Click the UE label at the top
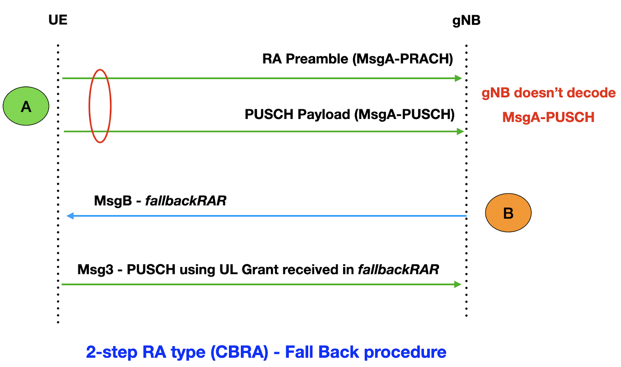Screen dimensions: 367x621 tap(58, 20)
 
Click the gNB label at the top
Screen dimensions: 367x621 tap(466, 21)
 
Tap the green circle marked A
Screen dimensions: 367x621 tap(26, 106)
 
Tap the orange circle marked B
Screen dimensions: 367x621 tap(508, 213)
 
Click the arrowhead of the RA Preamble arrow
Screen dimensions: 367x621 tap(458, 78)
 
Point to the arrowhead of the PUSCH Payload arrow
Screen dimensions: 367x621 tap(460, 131)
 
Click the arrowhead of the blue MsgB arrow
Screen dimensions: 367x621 tap(70, 216)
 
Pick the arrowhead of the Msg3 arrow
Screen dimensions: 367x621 tap(458, 284)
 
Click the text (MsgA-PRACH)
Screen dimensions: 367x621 tap(402, 59)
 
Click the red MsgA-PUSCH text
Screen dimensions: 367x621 tap(548, 117)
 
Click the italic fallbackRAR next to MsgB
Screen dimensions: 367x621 tap(186, 201)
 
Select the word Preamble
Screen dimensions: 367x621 tap(317, 59)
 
